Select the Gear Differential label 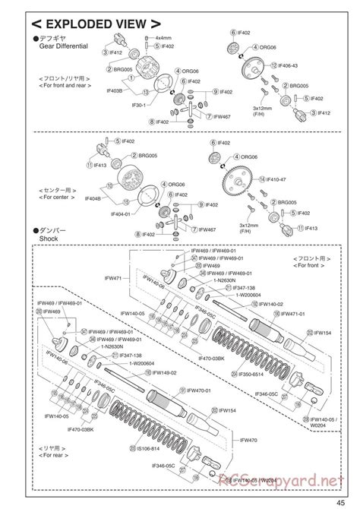coord(64,46)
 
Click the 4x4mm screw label coord(163,37)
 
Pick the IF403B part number coord(118,90)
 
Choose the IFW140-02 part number coord(274,303)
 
